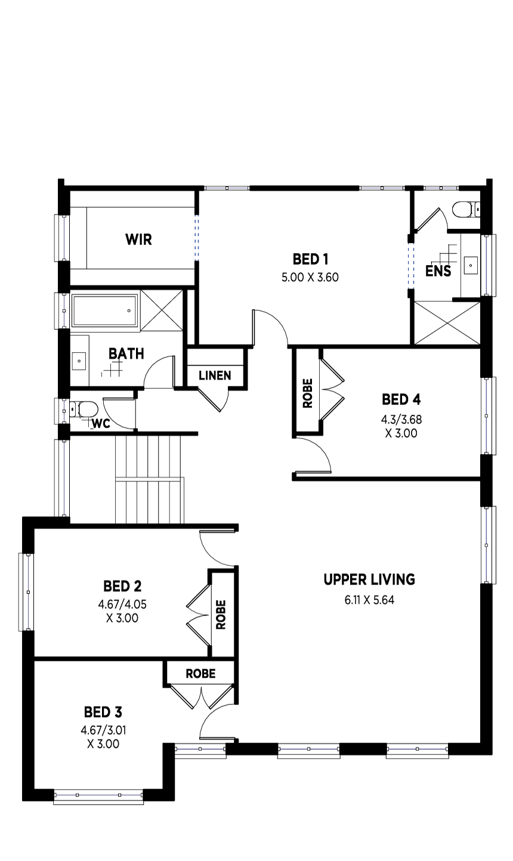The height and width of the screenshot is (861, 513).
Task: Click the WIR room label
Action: pos(138,240)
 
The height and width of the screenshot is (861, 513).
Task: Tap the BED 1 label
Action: pos(310,259)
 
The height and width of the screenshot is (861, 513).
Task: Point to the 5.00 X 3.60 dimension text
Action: pos(310,277)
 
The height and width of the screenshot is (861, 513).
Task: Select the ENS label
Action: pos(438,271)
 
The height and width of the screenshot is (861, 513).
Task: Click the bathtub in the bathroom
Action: pos(104,310)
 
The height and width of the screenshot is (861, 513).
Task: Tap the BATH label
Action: pos(126,353)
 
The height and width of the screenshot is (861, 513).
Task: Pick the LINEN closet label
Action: pos(215,375)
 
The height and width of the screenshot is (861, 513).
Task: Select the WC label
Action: pos(101,424)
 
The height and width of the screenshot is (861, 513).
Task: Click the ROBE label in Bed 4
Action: pos(308,393)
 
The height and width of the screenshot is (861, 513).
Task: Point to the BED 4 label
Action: pos(401,399)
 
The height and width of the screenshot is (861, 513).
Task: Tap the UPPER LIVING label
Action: pos(369,579)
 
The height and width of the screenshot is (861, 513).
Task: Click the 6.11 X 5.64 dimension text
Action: pos(369,600)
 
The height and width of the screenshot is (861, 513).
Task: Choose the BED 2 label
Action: pos(122,586)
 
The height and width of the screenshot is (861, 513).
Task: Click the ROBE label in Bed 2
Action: pos(221,614)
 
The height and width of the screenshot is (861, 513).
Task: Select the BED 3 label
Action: pos(103,712)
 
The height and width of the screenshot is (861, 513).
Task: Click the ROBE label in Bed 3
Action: pos(200,673)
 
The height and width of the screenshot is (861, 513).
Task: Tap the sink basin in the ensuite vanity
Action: pos(471,265)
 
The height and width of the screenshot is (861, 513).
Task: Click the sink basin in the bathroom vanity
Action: pos(79,361)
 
